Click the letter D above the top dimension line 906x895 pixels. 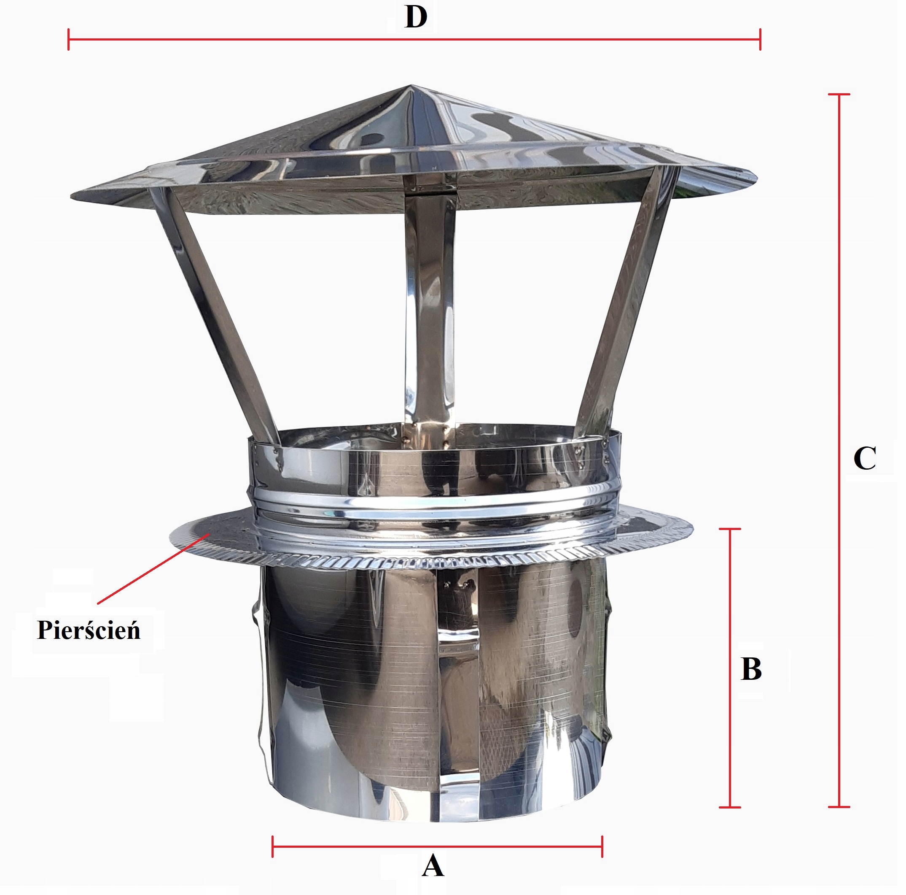coord(416,17)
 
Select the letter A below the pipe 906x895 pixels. coord(433,866)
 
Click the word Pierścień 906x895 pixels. coord(89,630)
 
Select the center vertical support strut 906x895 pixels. coord(429,310)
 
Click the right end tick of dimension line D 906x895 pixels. coord(760,39)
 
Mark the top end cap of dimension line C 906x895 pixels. coord(839,95)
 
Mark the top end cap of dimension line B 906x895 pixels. coord(730,529)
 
